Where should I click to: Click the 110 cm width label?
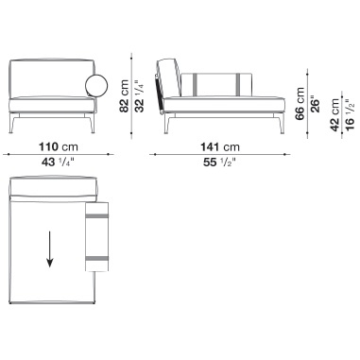(58, 146)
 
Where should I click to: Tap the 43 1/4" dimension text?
(58, 163)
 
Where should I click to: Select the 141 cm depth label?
(220, 146)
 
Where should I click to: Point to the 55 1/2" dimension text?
(220, 163)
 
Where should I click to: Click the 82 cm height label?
(124, 96)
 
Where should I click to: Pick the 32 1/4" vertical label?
(140, 96)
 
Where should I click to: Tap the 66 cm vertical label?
(300, 104)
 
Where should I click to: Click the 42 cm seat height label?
(334, 114)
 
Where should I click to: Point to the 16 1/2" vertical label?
(350, 114)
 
